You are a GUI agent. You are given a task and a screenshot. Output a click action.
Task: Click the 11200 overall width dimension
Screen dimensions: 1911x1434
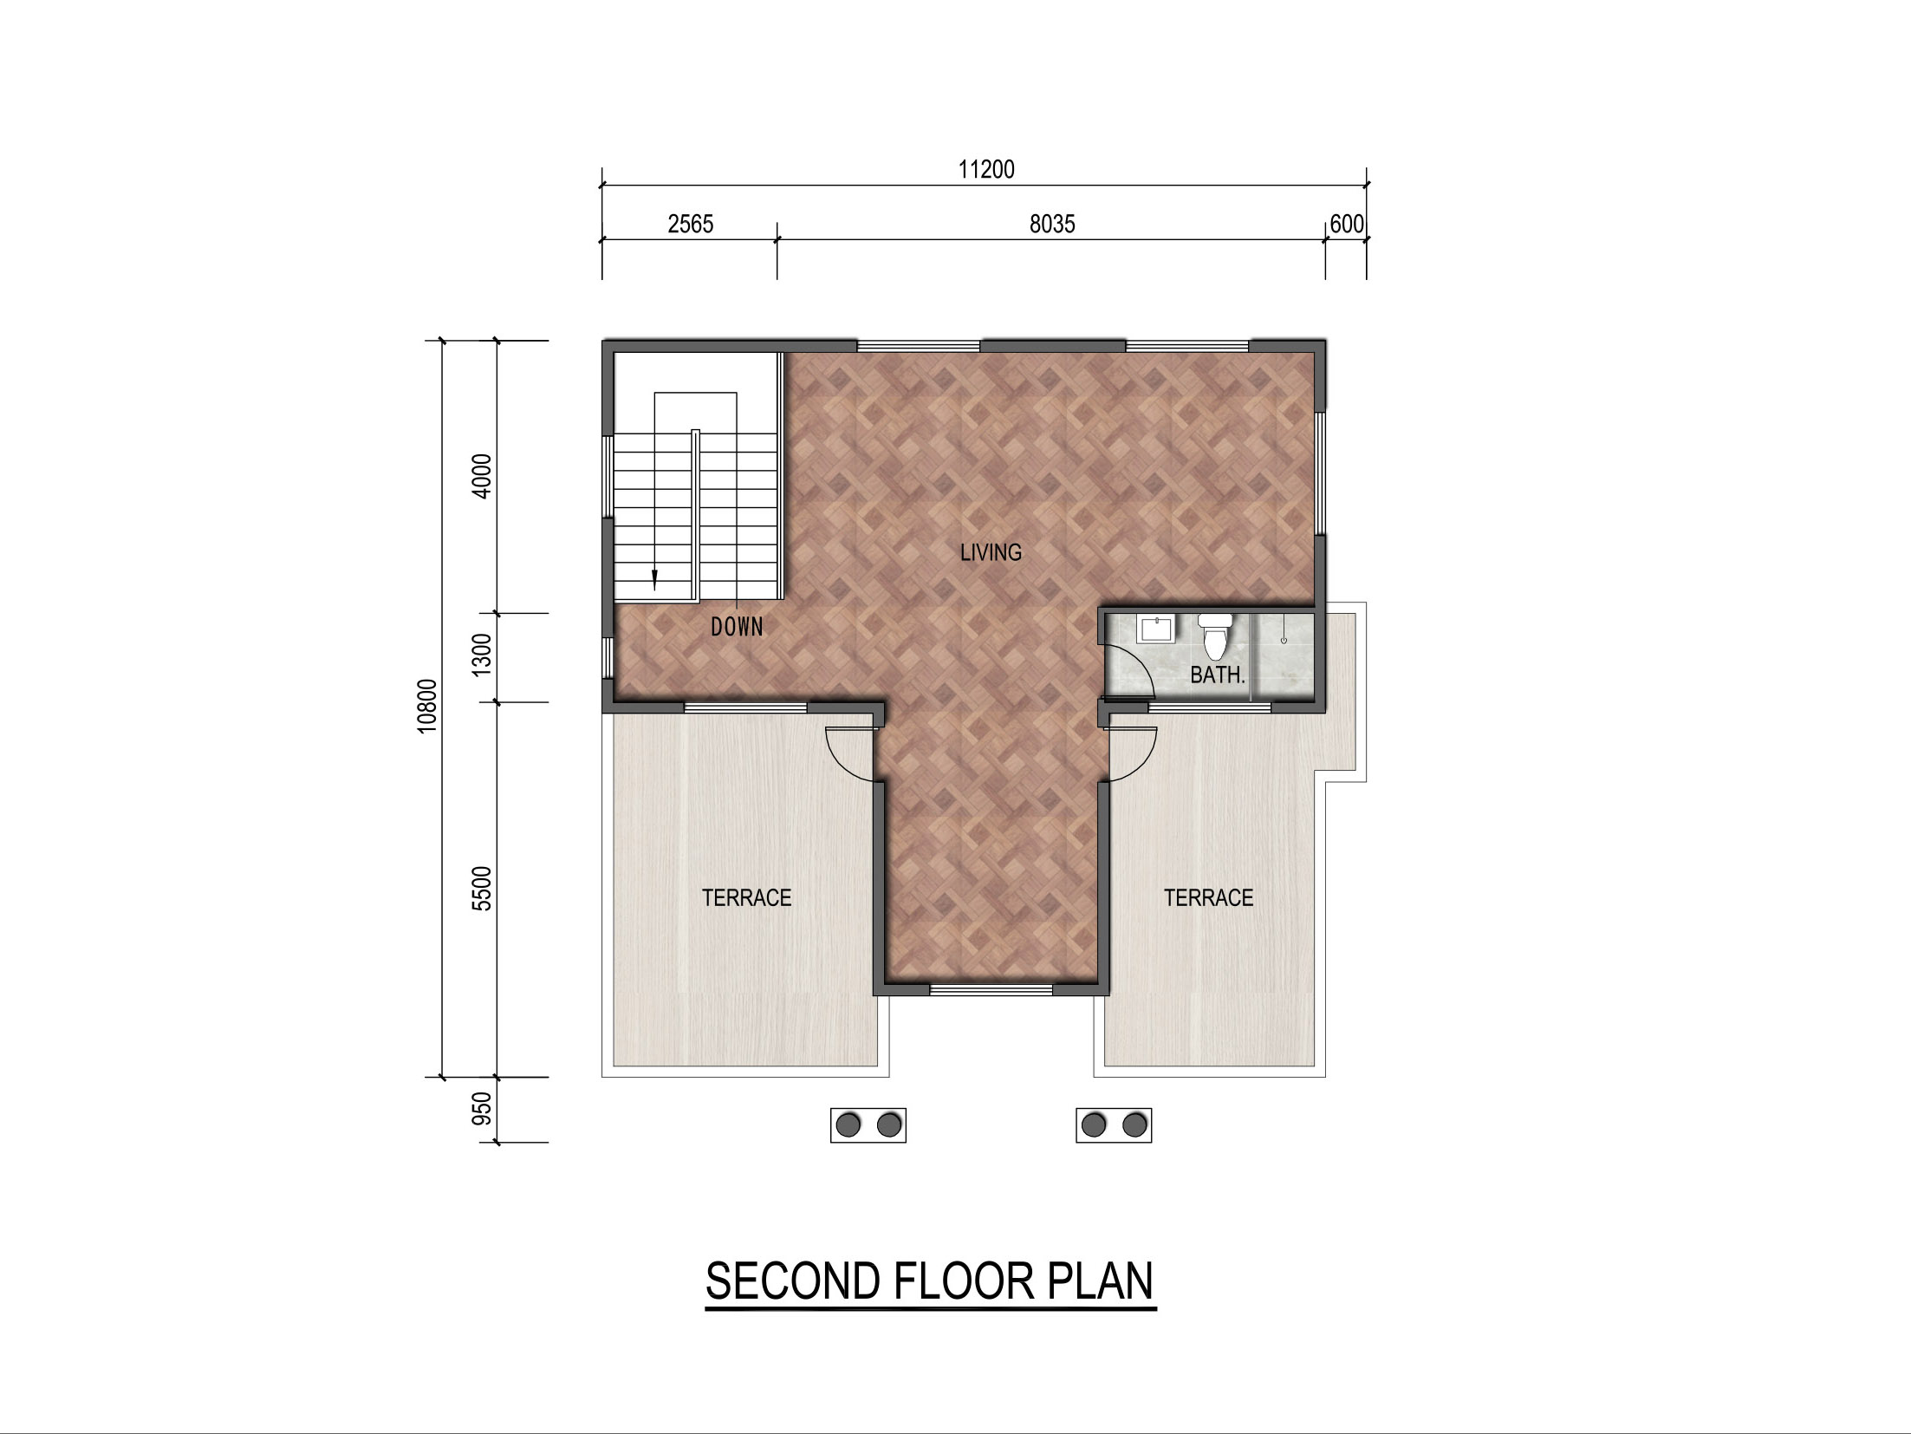coord(986,169)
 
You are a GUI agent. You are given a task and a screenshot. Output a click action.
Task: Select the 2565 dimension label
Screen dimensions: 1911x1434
coord(691,224)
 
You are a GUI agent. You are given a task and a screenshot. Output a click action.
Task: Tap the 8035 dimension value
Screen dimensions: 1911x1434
coord(1052,224)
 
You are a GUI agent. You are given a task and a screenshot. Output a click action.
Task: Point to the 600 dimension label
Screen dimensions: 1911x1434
coord(1347,224)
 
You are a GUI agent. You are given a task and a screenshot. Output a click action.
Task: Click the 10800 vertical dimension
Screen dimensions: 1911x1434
coord(427,706)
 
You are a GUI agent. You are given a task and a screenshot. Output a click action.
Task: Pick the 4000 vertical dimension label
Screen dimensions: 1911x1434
coord(483,476)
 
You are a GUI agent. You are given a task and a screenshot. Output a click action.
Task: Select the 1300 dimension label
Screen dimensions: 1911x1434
coord(483,655)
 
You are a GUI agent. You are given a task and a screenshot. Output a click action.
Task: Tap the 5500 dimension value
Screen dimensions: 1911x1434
coord(483,888)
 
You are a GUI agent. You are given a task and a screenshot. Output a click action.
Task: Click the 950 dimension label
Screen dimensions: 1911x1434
coord(483,1109)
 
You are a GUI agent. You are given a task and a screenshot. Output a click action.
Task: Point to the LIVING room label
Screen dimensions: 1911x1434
coord(991,552)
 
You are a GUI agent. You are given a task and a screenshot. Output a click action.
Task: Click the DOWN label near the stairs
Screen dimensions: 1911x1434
coord(737,626)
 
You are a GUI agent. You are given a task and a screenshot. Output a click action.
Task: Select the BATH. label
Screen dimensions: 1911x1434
coord(1218,675)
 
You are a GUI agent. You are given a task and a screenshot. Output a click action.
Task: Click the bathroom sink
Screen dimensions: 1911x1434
coord(1155,629)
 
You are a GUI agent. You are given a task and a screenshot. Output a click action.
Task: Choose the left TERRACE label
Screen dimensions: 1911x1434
coord(746,897)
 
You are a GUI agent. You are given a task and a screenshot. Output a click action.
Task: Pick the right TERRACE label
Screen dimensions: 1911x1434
coord(1208,897)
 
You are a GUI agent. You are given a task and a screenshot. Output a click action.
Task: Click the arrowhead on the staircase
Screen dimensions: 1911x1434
coord(654,580)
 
